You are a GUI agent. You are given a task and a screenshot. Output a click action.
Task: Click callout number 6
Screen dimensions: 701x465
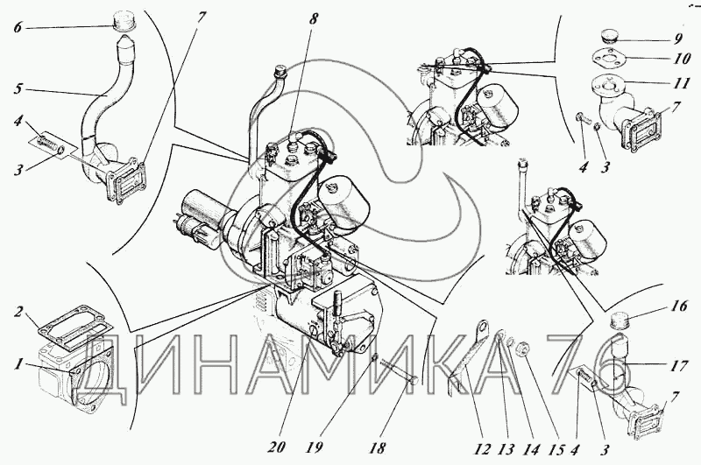coord(18,28)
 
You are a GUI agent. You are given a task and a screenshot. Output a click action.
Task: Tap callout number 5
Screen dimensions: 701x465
coord(18,89)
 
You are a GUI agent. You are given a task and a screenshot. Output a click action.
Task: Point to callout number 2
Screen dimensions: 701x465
coord(18,312)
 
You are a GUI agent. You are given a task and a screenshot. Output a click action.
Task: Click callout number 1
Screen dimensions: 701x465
coord(18,364)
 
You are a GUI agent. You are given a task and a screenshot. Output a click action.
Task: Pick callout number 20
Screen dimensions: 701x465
coord(277,447)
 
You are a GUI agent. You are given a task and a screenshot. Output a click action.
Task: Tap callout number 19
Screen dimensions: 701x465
coord(315,447)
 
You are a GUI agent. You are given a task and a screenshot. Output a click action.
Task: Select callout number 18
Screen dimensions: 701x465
coord(378,447)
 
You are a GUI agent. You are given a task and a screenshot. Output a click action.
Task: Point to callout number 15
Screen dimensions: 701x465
coord(558,448)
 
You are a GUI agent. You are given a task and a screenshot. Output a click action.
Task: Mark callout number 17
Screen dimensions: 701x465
coord(678,366)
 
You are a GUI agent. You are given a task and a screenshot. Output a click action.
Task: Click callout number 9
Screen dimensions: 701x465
coord(676,39)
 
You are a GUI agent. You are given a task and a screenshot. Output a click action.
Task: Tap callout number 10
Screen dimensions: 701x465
coord(681,59)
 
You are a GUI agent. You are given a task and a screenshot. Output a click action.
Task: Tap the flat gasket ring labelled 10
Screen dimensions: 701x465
coord(608,58)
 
